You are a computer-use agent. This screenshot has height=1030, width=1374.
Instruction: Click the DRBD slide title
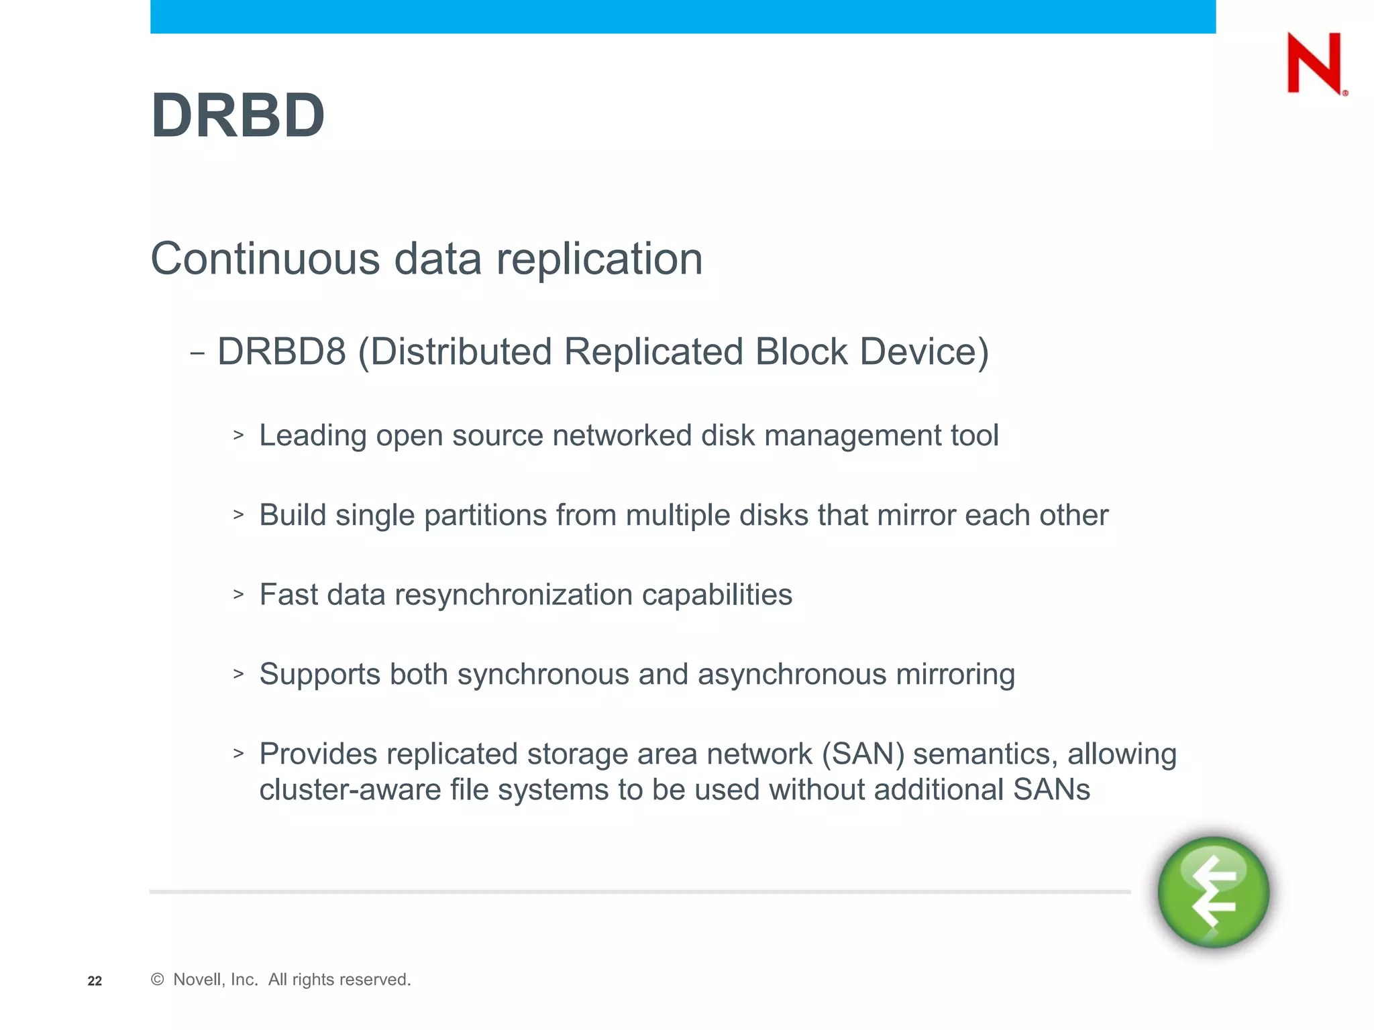point(238,116)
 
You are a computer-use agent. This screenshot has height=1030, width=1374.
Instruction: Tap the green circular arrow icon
point(1214,892)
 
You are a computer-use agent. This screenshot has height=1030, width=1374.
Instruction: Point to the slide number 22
point(95,981)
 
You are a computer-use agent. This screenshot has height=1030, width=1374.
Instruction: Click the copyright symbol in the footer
point(158,980)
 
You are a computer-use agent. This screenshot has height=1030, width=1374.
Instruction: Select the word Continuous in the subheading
point(266,259)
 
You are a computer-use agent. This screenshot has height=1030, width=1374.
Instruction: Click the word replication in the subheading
point(599,259)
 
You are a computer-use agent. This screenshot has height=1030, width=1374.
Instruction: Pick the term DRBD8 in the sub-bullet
point(282,351)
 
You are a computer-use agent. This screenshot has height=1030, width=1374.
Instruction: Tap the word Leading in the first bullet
point(313,436)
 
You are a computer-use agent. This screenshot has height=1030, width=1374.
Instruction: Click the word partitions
point(486,515)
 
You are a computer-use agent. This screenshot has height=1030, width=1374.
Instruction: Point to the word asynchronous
point(792,674)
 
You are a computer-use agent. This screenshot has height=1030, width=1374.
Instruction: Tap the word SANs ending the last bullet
point(1051,790)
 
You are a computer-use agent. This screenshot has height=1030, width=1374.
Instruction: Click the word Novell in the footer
point(197,980)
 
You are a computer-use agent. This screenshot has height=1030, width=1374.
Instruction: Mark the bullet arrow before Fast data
point(238,594)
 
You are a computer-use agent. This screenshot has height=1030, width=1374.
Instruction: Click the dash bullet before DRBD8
point(197,353)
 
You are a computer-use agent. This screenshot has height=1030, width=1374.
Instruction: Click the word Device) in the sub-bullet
point(924,351)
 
